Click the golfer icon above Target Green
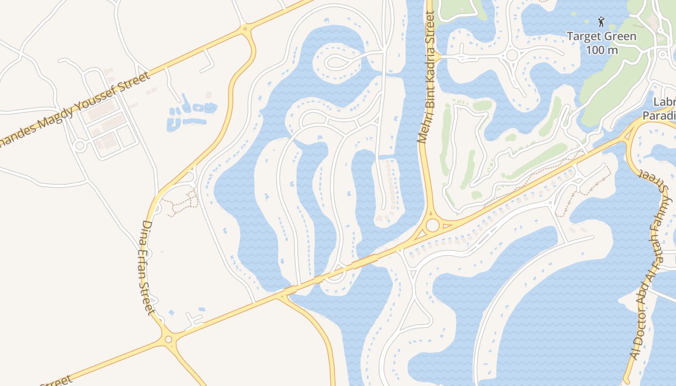601,22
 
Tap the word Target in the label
583,37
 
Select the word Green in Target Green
619,37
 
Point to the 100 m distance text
602,50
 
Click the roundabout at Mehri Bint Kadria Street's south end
432,225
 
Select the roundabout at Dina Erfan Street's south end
169,339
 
